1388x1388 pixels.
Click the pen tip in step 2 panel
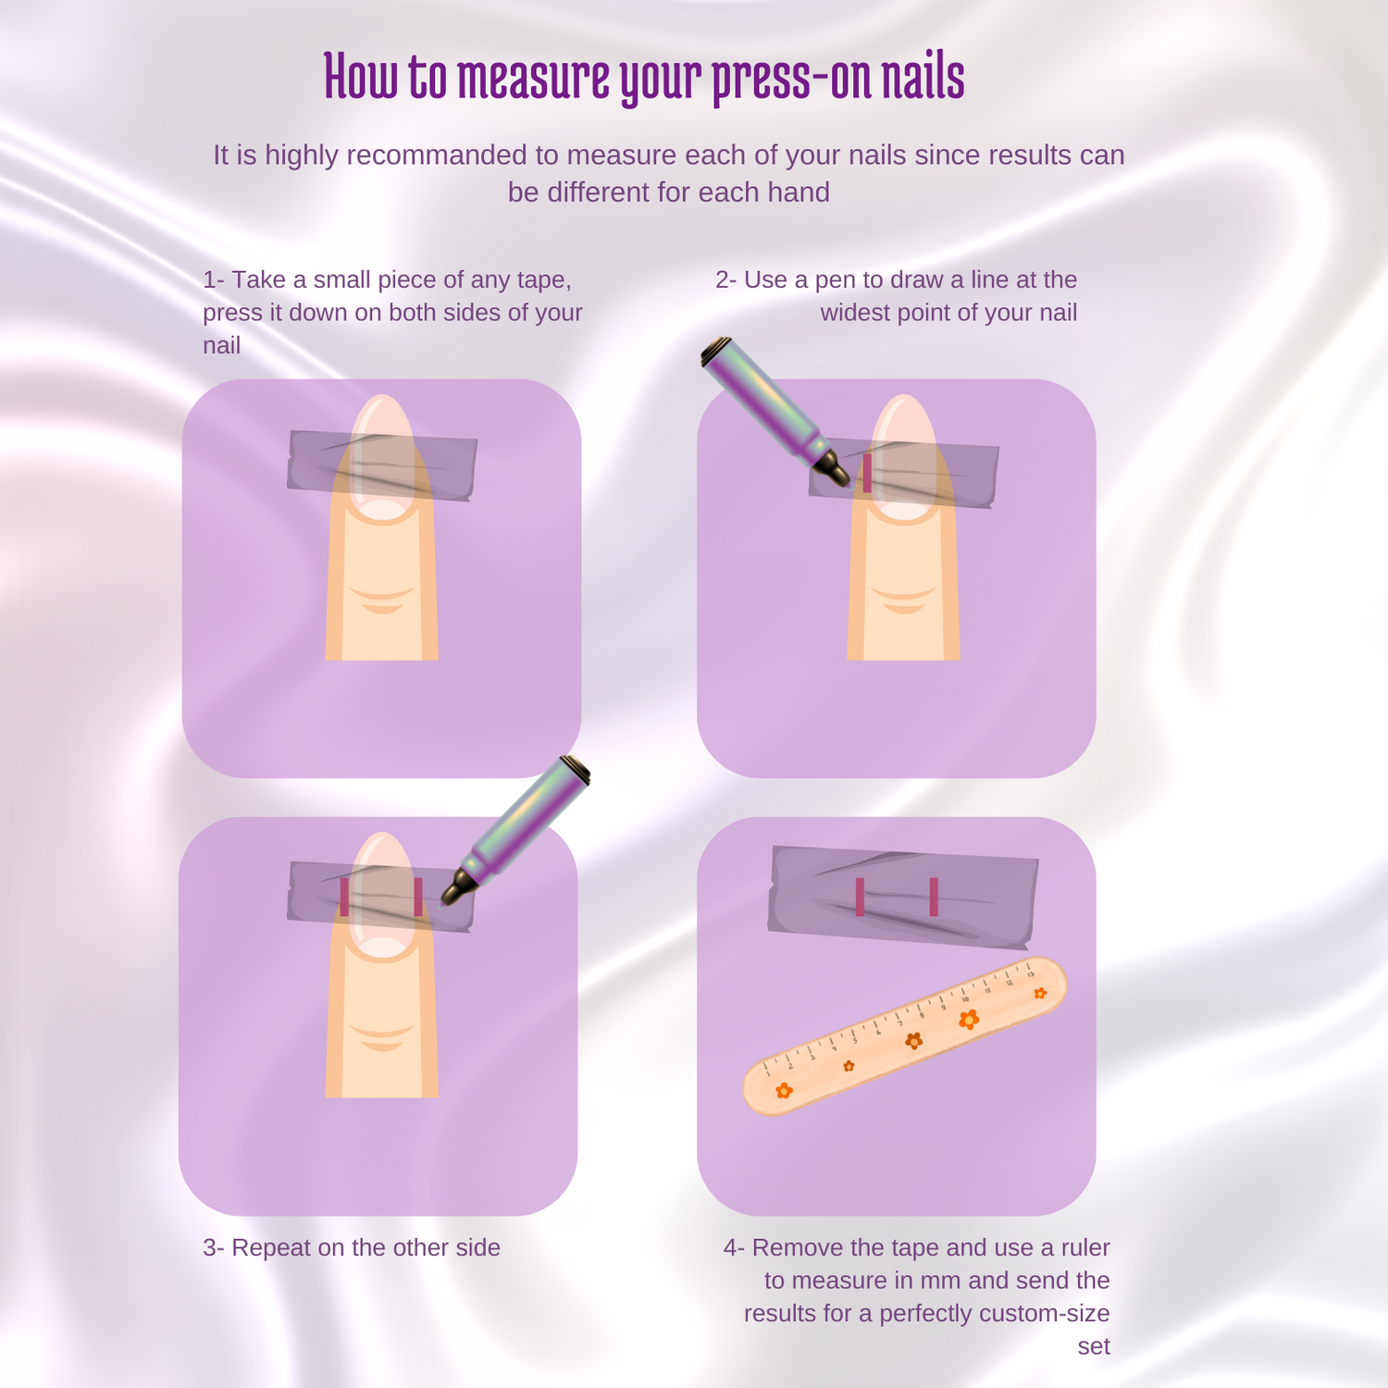[x=841, y=477]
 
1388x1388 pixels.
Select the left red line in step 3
[x=344, y=897]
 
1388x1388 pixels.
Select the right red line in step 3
[x=418, y=897]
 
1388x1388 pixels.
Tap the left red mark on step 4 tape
[x=860, y=897]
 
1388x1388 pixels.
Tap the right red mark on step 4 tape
[x=934, y=897]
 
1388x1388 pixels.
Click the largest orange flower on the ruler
[x=969, y=1019]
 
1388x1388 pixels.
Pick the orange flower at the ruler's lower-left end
[x=784, y=1091]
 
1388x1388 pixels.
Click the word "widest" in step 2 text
[x=851, y=313]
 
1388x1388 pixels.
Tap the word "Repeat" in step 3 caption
[x=271, y=1248]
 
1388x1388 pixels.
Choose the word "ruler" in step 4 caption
[x=1085, y=1248]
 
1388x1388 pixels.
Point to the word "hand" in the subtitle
[x=802, y=192]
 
